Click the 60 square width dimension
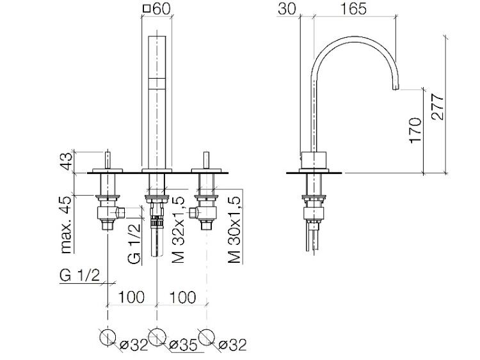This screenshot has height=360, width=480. click(x=157, y=8)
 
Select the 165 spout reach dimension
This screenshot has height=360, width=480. click(x=353, y=8)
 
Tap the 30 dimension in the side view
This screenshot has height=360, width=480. click(x=287, y=8)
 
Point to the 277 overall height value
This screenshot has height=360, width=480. click(x=437, y=107)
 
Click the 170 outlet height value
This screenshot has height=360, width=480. click(x=415, y=130)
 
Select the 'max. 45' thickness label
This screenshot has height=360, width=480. click(x=66, y=225)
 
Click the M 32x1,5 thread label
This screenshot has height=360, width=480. click(x=179, y=230)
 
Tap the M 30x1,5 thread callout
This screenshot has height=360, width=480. click(x=234, y=230)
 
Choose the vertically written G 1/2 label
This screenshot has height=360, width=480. click(x=134, y=244)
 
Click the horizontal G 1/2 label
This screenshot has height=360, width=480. click(x=79, y=276)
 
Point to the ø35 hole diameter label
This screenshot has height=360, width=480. click(x=184, y=345)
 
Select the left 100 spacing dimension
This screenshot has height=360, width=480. click(x=131, y=297)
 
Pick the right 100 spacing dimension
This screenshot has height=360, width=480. click(x=182, y=297)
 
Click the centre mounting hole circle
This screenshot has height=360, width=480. click(x=157, y=336)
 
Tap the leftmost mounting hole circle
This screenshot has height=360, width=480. click(x=108, y=336)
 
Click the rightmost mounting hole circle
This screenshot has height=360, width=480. click(x=206, y=336)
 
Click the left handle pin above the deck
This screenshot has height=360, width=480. click(x=108, y=160)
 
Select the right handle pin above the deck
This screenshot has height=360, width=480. click(x=206, y=160)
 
